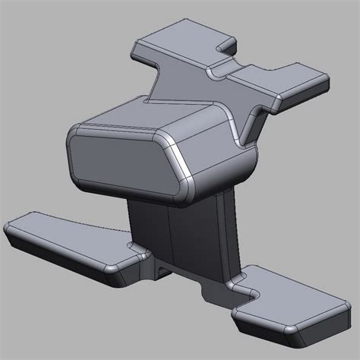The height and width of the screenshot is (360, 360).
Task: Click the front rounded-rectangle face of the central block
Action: pyautogui.click(x=122, y=158)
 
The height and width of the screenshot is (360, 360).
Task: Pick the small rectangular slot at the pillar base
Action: pyautogui.click(x=166, y=270)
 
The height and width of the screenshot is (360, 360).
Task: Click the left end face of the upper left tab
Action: pyautogui.click(x=137, y=52)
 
